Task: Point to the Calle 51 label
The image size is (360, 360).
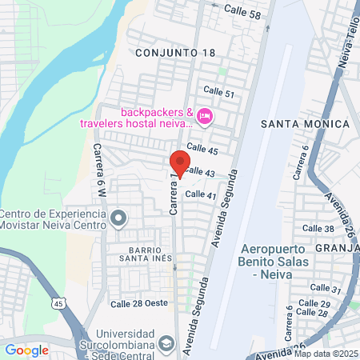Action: tap(218, 93)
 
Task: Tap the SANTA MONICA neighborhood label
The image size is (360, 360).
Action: tap(306, 124)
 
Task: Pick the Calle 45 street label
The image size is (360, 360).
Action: tap(202, 150)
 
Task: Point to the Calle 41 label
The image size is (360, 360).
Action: tap(201, 194)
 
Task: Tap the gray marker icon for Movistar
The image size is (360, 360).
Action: tap(119, 218)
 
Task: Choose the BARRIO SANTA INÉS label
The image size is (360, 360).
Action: tap(141, 254)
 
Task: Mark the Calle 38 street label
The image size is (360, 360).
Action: tap(318, 229)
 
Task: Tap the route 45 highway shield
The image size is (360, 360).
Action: tap(58, 303)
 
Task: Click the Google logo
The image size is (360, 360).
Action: tap(26, 350)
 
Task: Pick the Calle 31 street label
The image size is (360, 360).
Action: tap(325, 288)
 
